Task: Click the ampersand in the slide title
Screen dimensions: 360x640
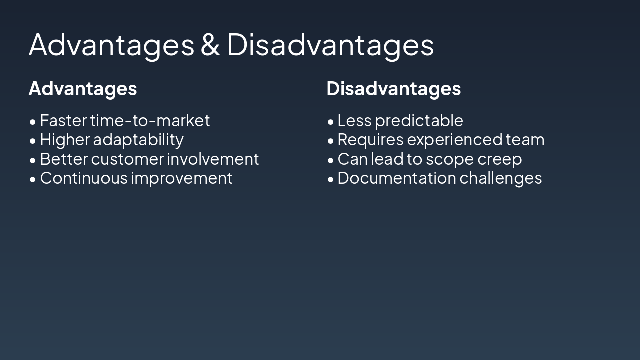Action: pos(210,45)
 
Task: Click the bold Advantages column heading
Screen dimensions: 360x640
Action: pos(83,89)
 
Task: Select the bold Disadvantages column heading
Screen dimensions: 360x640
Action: pos(393,89)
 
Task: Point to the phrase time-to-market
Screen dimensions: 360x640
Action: pos(150,121)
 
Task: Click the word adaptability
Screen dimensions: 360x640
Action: pos(138,140)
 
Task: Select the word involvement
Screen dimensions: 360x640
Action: pos(213,159)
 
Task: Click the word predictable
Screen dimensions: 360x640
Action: pos(419,121)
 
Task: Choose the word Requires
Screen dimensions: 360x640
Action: pos(370,140)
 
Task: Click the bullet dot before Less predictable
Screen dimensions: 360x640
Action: pos(330,122)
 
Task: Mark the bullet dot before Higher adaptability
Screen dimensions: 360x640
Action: pos(33,141)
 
